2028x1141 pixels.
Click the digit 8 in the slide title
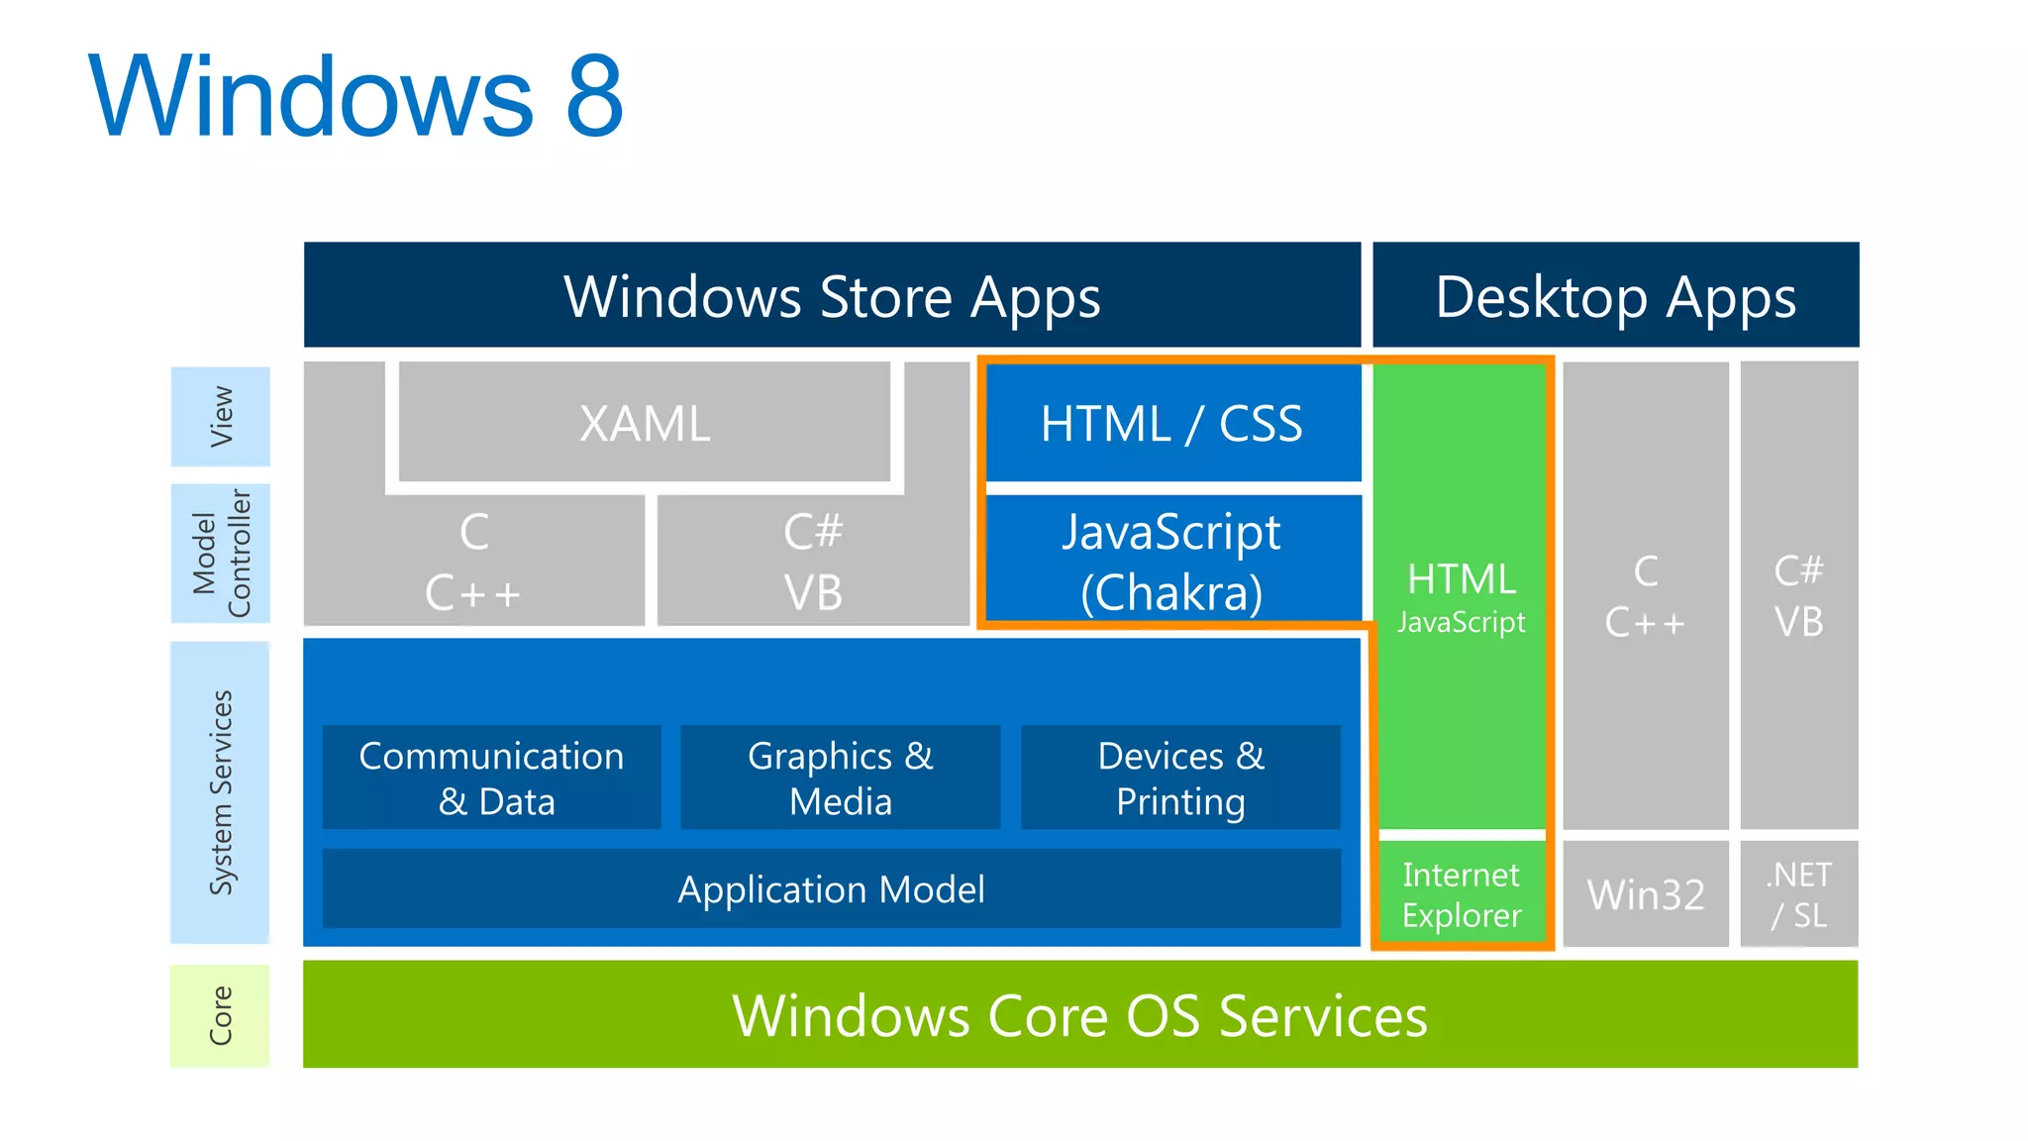click(594, 96)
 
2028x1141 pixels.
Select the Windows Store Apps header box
click(832, 296)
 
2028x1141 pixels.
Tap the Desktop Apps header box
click(1615, 296)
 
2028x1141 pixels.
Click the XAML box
click(645, 424)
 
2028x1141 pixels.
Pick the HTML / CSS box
click(1172, 424)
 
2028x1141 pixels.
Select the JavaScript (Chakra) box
click(1172, 561)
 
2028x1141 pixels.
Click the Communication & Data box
click(492, 778)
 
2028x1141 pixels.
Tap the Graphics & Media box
click(840, 778)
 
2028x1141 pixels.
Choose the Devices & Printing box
click(1180, 778)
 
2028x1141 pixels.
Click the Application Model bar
click(832, 888)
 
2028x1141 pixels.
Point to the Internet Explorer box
click(1462, 894)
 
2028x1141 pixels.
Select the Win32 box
click(1646, 894)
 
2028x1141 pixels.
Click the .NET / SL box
click(1799, 894)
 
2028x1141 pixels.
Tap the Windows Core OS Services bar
click(1079, 1015)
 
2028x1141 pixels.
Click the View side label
click(221, 416)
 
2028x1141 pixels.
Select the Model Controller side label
click(221, 553)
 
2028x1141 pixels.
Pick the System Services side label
click(221, 792)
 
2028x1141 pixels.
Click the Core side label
click(221, 1015)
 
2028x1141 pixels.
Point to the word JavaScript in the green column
click(1462, 622)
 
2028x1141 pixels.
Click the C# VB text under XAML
click(813, 562)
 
